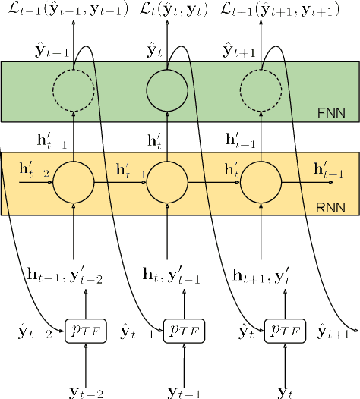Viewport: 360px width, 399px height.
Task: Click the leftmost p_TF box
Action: [84, 331]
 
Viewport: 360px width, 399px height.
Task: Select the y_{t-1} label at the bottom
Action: [183, 391]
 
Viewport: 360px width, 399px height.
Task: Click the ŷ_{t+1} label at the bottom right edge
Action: [334, 331]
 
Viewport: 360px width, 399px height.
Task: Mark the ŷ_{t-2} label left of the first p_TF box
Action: [34, 331]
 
